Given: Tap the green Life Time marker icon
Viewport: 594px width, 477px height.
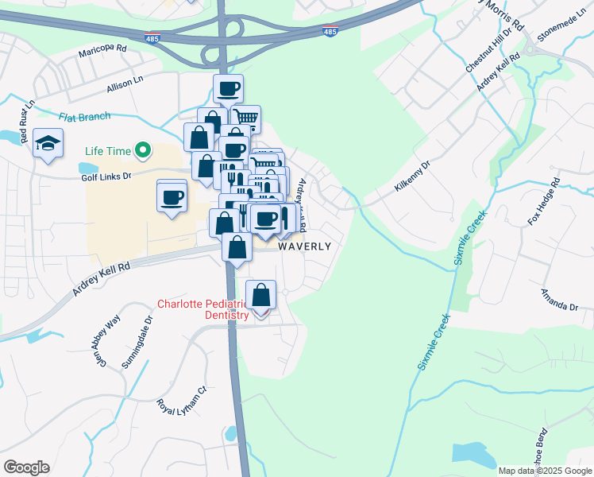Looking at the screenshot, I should (143, 149).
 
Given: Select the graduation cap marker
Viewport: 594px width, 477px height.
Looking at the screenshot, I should (48, 144).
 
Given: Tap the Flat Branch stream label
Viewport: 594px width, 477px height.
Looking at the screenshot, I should (84, 117).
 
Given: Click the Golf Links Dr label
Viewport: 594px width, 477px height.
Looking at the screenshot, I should (106, 176).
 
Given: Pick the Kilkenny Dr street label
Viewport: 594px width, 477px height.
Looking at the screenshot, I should (412, 176).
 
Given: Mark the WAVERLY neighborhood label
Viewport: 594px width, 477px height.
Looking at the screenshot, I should (304, 246).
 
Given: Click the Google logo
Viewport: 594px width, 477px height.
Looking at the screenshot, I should (26, 467).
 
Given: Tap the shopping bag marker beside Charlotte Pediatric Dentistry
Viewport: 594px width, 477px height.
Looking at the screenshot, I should (260, 296).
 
